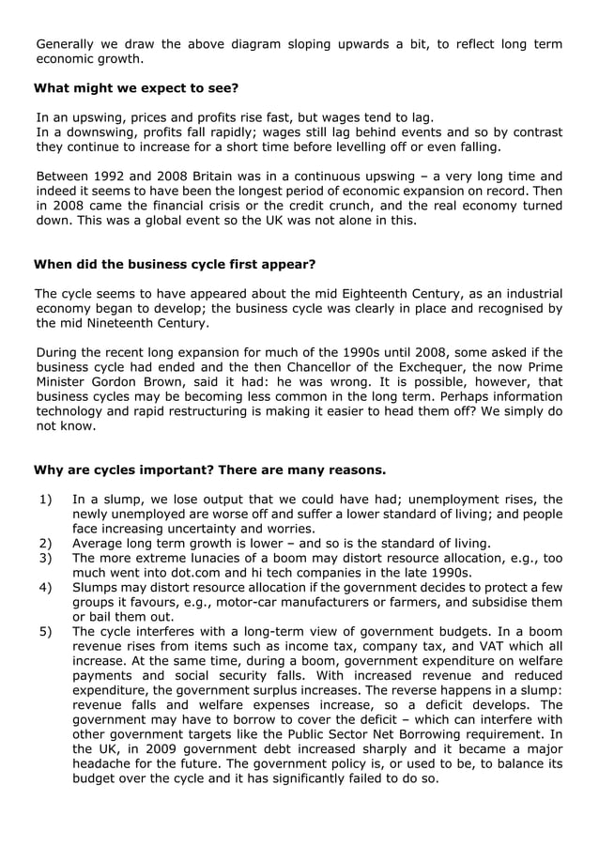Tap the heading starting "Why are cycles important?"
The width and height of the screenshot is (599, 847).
[209, 470]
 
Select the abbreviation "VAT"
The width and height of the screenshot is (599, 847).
[477, 646]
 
